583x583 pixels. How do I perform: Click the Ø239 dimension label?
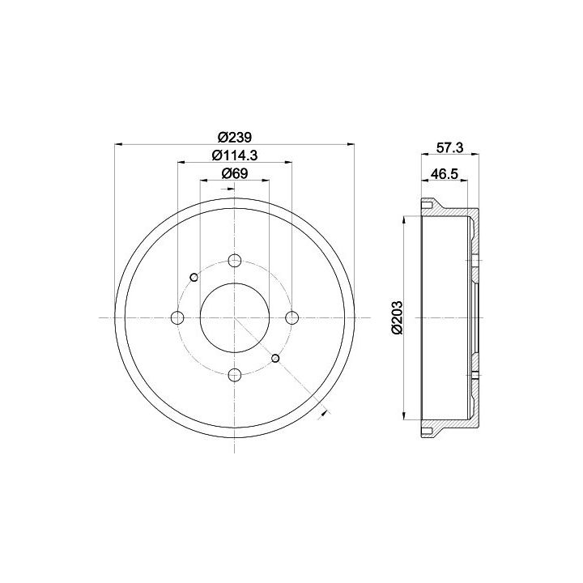point(235,137)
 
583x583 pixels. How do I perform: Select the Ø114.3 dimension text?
point(235,155)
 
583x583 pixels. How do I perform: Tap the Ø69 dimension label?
point(235,173)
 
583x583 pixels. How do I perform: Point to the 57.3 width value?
point(449,148)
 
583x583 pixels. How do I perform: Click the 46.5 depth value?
point(444,173)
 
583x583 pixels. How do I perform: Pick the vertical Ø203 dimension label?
point(397,317)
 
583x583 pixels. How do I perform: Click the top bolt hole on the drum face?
point(234,260)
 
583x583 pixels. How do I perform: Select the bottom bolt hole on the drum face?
point(234,375)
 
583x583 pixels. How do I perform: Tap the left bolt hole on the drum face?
point(177,317)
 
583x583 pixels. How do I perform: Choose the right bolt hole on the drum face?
point(291,317)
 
